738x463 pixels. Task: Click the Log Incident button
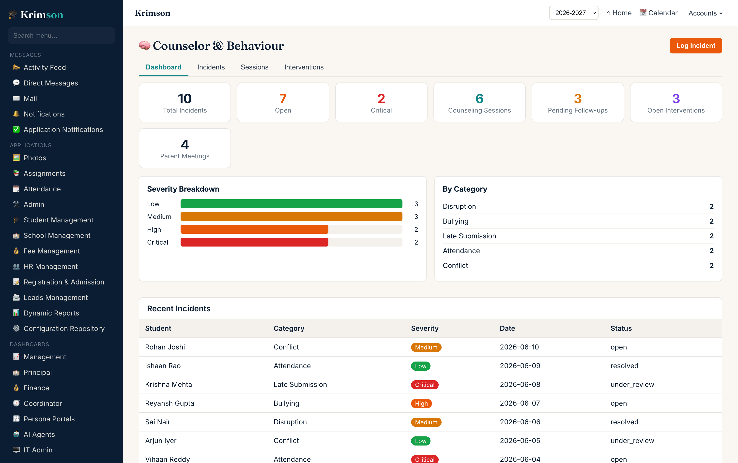pos(695,46)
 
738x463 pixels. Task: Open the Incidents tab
pos(211,67)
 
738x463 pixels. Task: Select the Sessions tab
pos(254,67)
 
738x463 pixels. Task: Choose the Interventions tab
pos(304,67)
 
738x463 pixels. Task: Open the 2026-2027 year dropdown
pos(573,13)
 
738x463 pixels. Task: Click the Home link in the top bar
pos(619,13)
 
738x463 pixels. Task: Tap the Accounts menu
pos(706,13)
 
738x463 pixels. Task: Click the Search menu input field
pos(61,35)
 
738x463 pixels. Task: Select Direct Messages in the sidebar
pos(51,83)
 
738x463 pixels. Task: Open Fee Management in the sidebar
pos(52,251)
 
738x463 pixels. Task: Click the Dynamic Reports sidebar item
pos(51,313)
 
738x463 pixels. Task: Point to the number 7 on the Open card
pos(283,99)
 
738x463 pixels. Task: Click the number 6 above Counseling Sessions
pos(479,99)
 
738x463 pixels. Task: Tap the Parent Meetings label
pos(185,156)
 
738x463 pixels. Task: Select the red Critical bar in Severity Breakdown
pos(254,242)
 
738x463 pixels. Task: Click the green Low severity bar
pos(291,204)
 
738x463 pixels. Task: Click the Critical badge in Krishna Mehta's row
pos(425,385)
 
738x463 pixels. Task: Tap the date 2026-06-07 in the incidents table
pos(520,403)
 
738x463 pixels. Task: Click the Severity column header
pos(425,328)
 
